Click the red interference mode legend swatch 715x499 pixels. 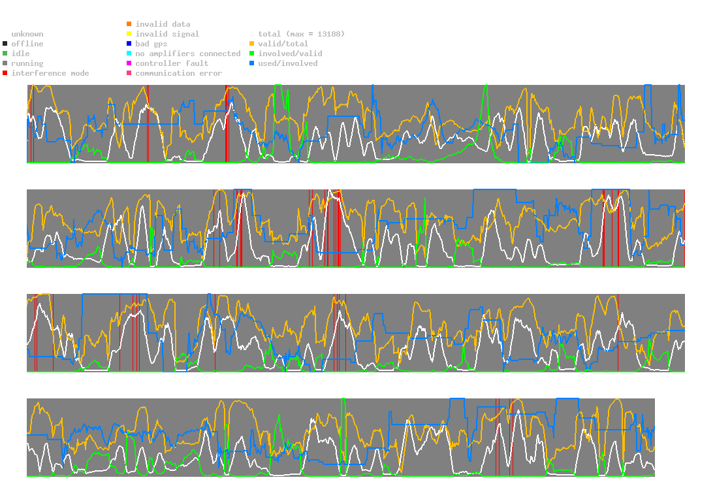5,73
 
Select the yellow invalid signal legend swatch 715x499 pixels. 129,34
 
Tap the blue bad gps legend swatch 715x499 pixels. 129,44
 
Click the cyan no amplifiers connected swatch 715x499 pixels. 129,54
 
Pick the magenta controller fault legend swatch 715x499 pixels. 129,63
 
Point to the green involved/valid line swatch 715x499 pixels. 251,54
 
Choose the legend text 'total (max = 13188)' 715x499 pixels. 301,34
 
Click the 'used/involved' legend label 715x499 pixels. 287,63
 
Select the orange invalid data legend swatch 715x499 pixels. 129,24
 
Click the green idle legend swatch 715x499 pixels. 5,54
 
